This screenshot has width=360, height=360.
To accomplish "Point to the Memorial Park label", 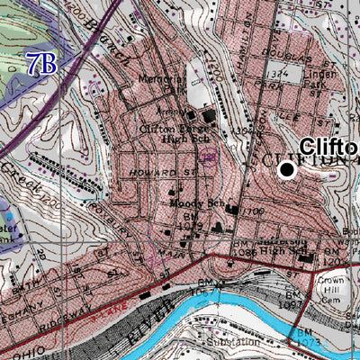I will [161, 84].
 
